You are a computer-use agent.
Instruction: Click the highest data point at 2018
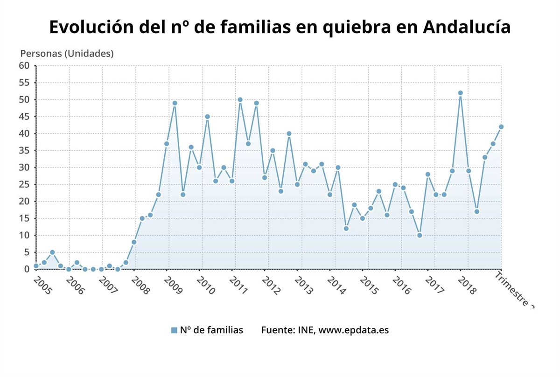click(460, 93)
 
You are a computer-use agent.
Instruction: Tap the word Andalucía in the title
click(467, 27)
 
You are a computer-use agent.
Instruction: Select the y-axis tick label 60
click(24, 66)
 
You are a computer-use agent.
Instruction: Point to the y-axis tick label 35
click(24, 151)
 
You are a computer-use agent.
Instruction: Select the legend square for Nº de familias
click(174, 330)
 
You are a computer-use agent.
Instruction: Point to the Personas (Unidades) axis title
click(67, 54)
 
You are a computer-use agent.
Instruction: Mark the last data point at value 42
click(501, 126)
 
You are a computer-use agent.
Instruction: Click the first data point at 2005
click(36, 266)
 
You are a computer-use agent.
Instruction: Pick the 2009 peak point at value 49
click(175, 103)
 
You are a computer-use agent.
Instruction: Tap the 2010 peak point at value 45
click(207, 117)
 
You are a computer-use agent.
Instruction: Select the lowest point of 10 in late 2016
click(420, 235)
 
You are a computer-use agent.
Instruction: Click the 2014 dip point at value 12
click(346, 229)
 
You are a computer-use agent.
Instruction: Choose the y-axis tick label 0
click(27, 269)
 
